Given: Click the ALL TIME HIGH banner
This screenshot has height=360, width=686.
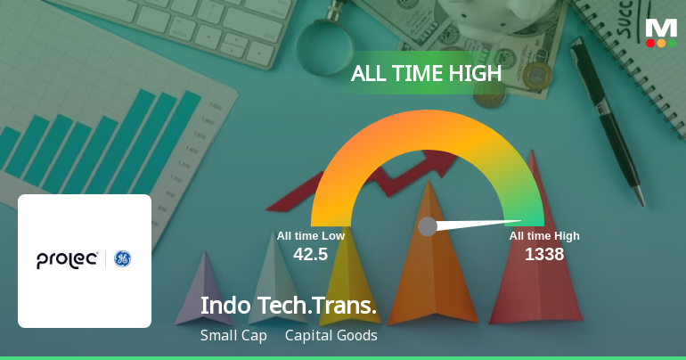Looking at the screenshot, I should pyautogui.click(x=426, y=74).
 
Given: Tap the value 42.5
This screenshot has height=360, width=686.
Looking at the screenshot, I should pyautogui.click(x=310, y=254).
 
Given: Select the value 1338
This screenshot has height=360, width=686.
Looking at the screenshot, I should pyautogui.click(x=543, y=254).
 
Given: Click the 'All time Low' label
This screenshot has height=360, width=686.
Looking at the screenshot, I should pyautogui.click(x=310, y=236).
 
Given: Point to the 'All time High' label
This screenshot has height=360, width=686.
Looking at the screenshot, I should pyautogui.click(x=544, y=236).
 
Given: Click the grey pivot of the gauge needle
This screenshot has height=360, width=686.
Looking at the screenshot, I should pyautogui.click(x=428, y=226).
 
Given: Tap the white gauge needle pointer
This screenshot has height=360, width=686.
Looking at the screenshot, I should pyautogui.click(x=481, y=223).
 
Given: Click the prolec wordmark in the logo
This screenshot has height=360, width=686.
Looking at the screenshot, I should pyautogui.click(x=68, y=259).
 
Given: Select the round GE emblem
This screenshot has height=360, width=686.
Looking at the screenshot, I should pyautogui.click(x=122, y=259).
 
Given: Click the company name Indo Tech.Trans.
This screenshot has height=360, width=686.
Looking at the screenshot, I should pyautogui.click(x=289, y=305).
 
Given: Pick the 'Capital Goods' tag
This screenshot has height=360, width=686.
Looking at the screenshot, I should pyautogui.click(x=331, y=336).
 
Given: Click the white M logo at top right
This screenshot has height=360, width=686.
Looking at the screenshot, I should pyautogui.click(x=661, y=27).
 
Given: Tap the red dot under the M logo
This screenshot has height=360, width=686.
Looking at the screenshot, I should pyautogui.click(x=650, y=43).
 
